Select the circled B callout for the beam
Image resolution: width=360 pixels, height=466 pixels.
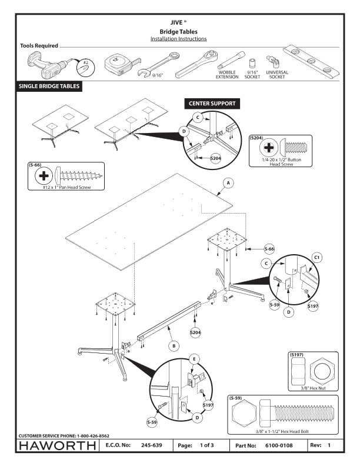click(174, 346)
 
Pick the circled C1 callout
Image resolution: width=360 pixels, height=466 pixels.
click(316, 257)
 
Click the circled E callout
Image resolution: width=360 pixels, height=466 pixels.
click(194, 358)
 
